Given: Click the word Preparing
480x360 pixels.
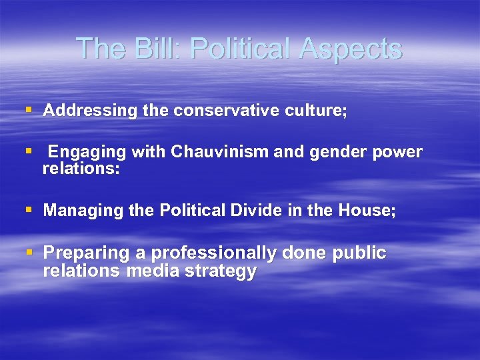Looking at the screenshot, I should (85, 253).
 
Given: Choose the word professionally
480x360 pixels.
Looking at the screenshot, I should (214, 253).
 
